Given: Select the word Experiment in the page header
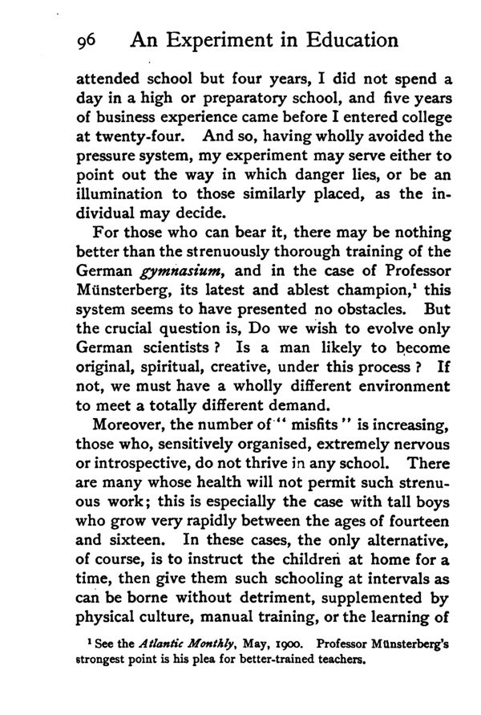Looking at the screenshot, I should tap(197, 40).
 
